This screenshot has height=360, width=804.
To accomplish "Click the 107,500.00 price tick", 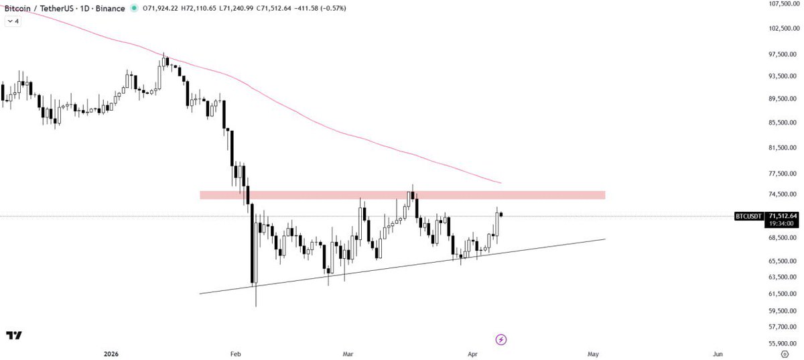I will click(783, 4).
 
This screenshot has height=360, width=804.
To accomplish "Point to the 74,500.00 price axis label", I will click(783, 194).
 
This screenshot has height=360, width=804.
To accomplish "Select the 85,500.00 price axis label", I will click(783, 122).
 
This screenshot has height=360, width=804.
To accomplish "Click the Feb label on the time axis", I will click(234, 353).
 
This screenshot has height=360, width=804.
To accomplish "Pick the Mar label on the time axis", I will click(348, 353).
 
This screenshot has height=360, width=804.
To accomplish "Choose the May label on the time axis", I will click(593, 353).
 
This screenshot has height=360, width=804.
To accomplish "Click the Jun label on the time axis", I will click(718, 353).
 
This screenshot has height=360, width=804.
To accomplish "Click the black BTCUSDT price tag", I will click(749, 216).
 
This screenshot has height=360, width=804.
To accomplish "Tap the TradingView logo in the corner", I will click(13, 336).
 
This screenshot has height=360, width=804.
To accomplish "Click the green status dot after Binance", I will click(133, 9).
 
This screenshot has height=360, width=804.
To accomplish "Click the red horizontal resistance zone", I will click(402, 195).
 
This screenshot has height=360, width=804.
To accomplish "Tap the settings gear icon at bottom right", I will click(785, 353).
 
